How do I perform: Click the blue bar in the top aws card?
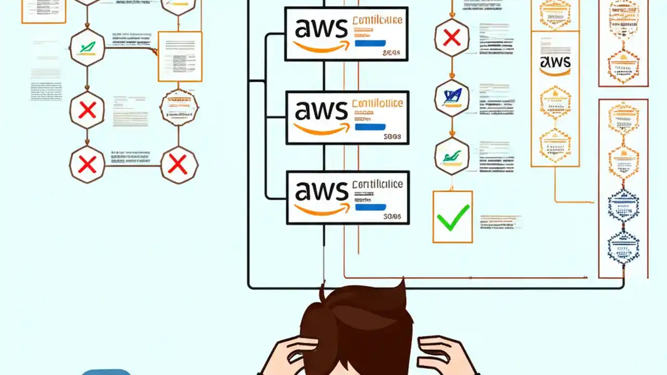click(x=370, y=43)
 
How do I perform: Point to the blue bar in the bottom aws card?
click(x=370, y=207)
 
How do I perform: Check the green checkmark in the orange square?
click(x=452, y=217)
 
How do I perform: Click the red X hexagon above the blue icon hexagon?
click(x=452, y=37)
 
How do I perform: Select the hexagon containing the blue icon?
click(x=452, y=97)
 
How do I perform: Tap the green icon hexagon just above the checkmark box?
click(x=452, y=155)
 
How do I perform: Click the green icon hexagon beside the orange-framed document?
click(x=87, y=48)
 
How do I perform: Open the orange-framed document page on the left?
click(x=180, y=56)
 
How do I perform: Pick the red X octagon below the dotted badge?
click(x=179, y=165)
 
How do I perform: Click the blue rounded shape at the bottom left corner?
click(x=107, y=372)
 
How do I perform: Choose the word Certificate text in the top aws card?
click(x=377, y=21)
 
